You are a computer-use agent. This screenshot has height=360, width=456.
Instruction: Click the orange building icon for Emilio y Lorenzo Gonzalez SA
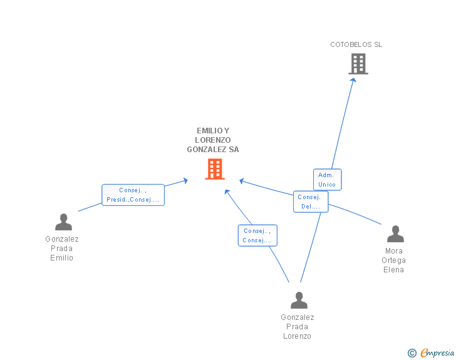point(215,169)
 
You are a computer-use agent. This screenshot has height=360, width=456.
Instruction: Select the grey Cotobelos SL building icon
point(358,64)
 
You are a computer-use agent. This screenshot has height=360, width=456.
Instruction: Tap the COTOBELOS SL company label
point(356,44)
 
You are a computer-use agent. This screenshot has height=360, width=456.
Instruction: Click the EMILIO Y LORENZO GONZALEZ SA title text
point(213,140)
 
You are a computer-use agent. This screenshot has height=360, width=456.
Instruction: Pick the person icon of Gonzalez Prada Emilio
point(63,222)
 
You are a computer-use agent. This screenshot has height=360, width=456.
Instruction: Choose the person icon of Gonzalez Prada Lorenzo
point(299,301)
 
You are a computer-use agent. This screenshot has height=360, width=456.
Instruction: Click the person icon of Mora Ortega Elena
point(395,234)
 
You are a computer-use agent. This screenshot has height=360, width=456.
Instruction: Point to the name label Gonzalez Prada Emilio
point(62,249)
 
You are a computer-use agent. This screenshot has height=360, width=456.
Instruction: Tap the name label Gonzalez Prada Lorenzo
point(298,327)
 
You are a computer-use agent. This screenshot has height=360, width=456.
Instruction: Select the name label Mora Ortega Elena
point(395,260)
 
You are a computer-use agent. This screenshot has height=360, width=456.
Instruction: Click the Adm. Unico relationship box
point(327,180)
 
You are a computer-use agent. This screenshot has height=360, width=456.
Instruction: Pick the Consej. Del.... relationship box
point(310,202)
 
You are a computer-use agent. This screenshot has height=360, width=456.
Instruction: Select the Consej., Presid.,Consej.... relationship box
point(133,195)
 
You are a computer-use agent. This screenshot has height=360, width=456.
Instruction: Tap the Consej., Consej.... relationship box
point(257,235)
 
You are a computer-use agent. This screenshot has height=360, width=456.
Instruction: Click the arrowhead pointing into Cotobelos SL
point(353,80)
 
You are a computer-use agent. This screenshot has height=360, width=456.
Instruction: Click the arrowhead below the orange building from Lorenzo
point(227,191)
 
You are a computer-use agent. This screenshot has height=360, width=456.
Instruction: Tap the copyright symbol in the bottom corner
point(412,353)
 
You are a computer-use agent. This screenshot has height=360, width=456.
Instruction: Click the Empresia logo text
point(437,353)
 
